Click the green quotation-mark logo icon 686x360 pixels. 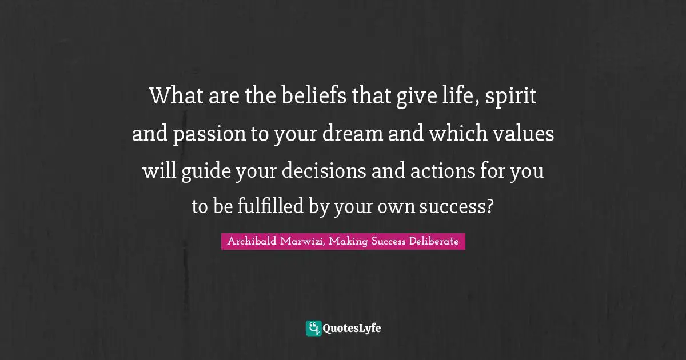314,328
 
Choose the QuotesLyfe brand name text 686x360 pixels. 352,329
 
